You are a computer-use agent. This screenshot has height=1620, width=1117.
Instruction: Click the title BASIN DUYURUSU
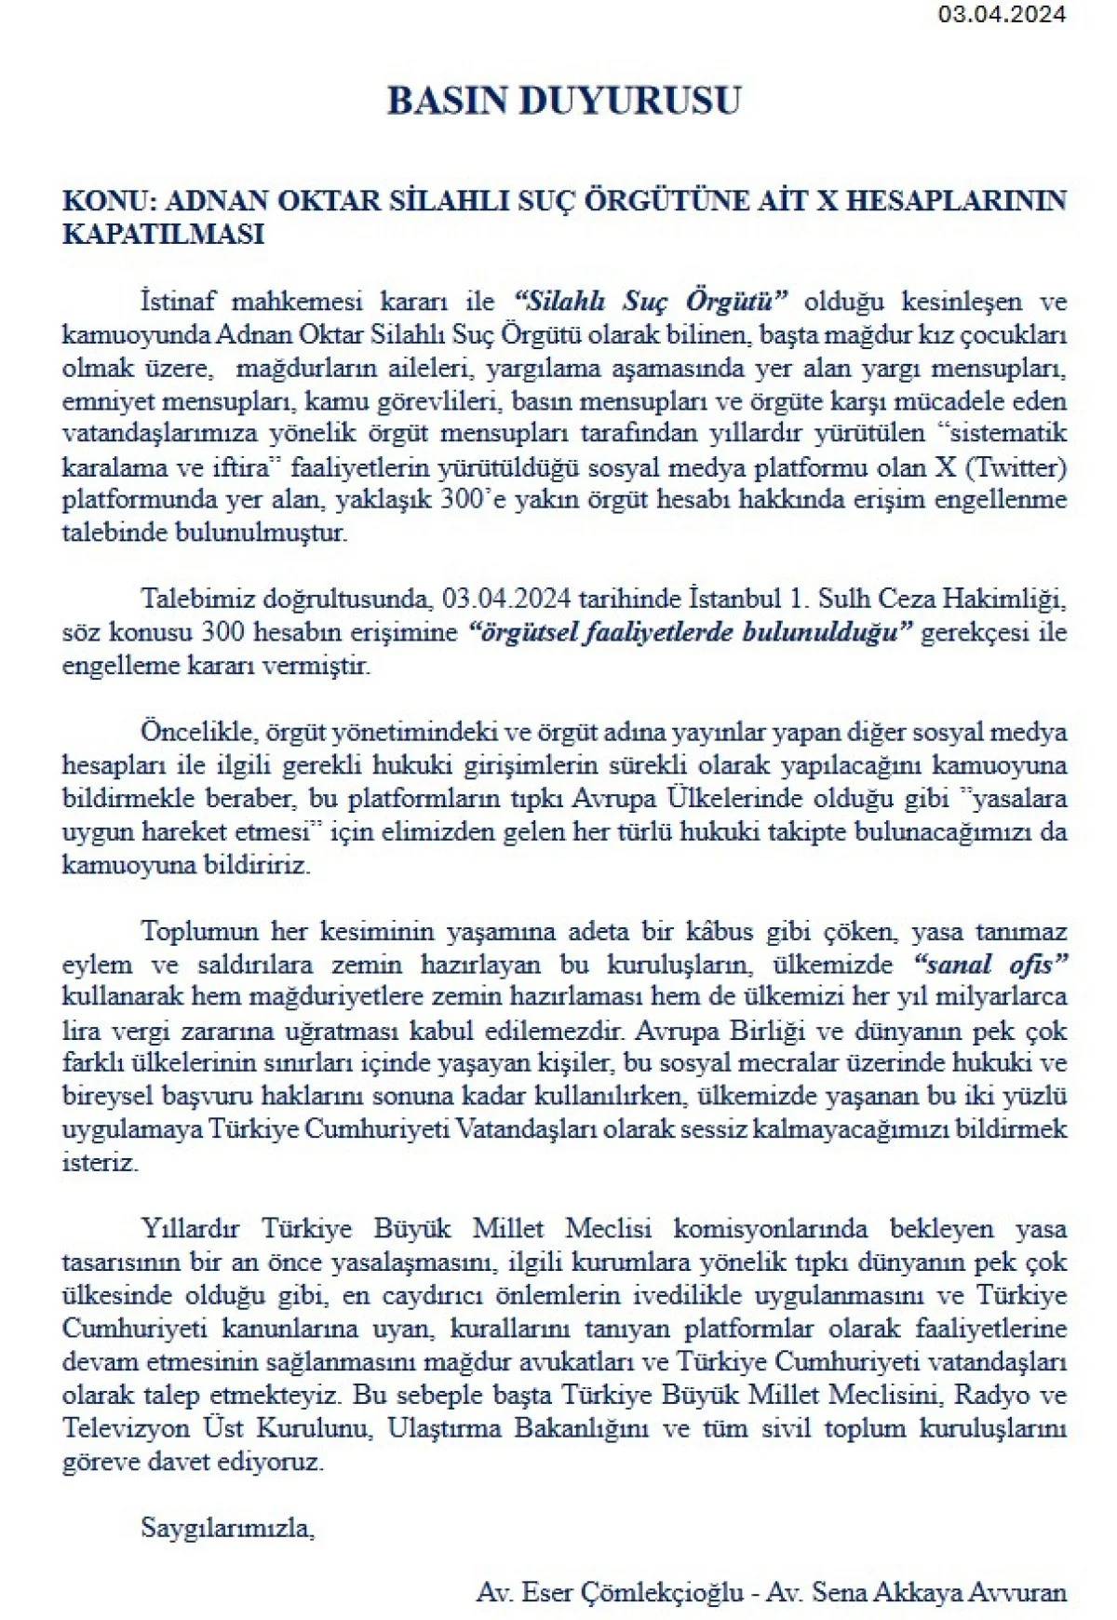pyautogui.click(x=563, y=101)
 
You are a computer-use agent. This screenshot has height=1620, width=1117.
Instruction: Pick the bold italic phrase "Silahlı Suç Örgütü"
pyautogui.click(x=652, y=302)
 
